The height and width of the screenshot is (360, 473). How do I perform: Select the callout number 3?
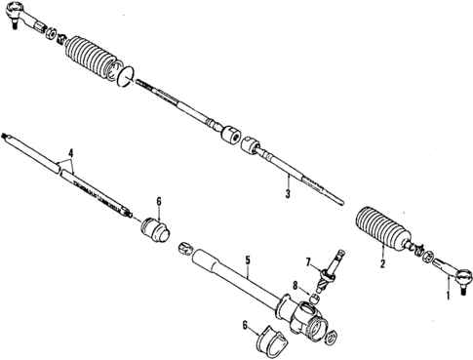289,193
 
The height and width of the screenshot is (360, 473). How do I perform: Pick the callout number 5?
249,260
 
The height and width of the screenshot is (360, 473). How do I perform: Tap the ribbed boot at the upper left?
95,60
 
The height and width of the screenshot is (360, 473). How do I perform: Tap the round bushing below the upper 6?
153,233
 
